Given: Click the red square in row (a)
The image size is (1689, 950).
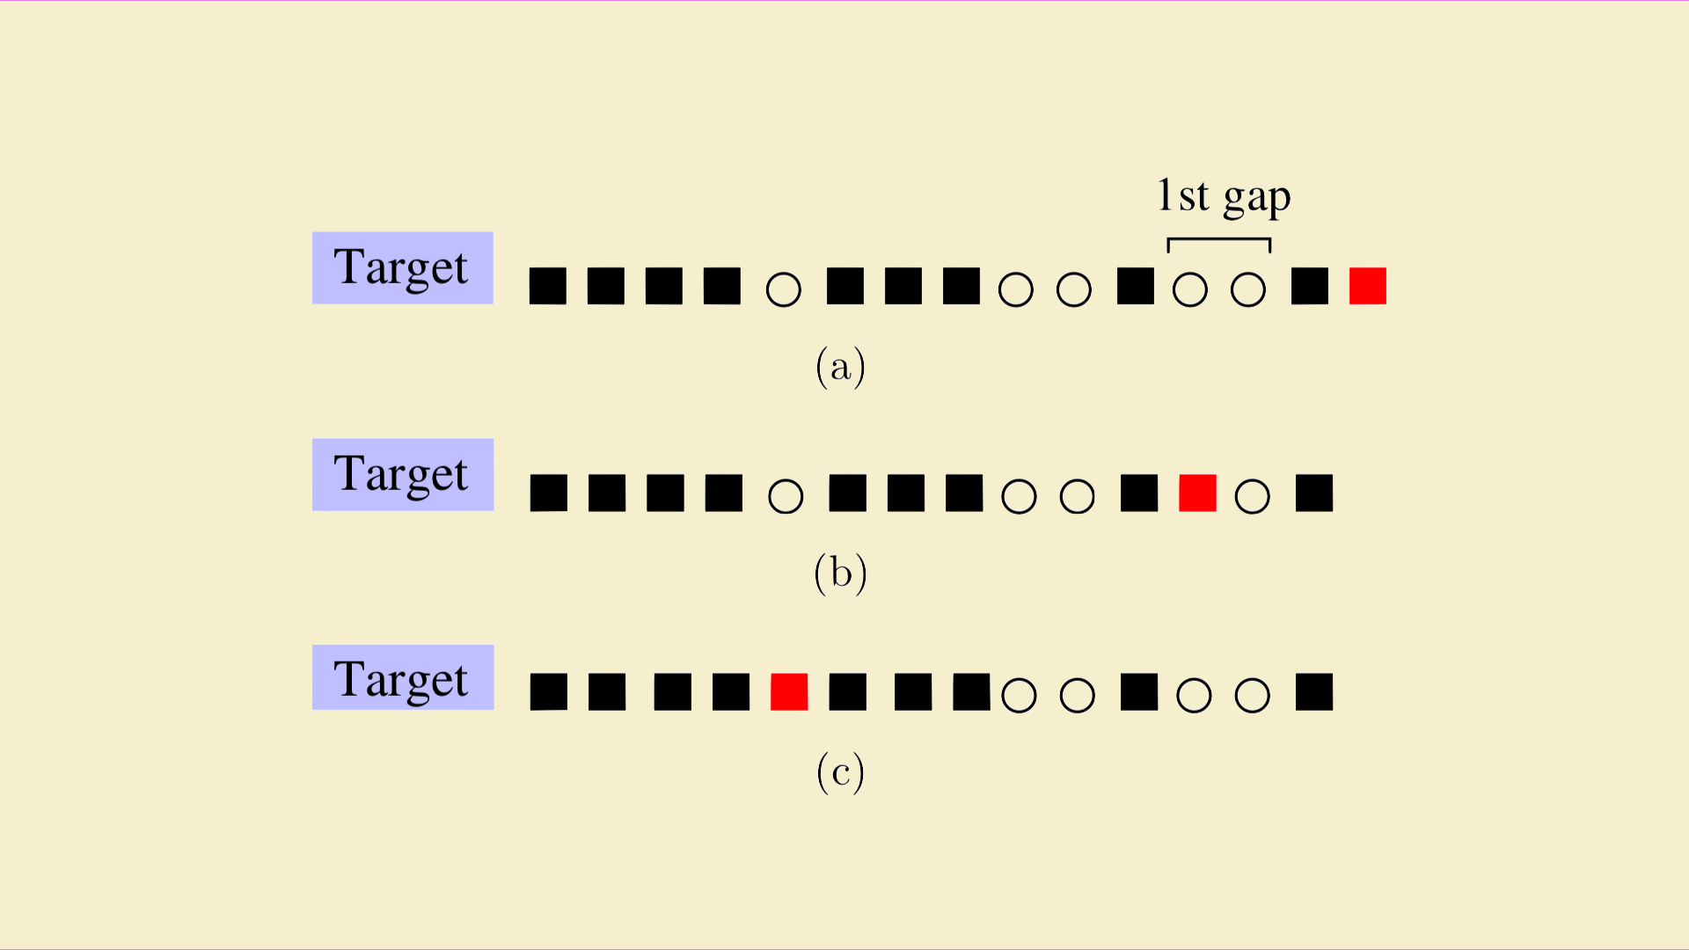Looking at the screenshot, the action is pyautogui.click(x=1368, y=286).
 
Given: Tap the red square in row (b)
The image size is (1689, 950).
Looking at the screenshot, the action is pyautogui.click(x=1197, y=493).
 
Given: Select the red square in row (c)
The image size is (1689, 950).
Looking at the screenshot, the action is pyautogui.click(x=789, y=691).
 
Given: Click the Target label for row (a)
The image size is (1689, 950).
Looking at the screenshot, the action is pyautogui.click(x=402, y=267).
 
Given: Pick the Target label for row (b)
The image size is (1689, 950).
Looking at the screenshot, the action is pyautogui.click(x=403, y=474).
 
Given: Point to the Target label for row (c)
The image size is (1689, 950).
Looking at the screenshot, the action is pyautogui.click(x=403, y=677).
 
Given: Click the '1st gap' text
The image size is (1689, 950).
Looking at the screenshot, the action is pyautogui.click(x=1224, y=197).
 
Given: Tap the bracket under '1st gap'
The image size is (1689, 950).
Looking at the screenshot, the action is pyautogui.click(x=1219, y=239).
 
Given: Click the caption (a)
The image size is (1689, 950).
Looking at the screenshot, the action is pyautogui.click(x=841, y=366).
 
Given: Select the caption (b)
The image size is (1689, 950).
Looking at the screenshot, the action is pyautogui.click(x=841, y=574).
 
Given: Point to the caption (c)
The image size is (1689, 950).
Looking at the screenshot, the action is pyautogui.click(x=841, y=772).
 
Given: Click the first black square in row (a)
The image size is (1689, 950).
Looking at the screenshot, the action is pyautogui.click(x=548, y=286).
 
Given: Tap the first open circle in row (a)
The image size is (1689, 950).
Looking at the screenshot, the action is pyautogui.click(x=784, y=289).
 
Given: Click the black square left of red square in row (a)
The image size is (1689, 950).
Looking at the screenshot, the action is pyautogui.click(x=1310, y=286).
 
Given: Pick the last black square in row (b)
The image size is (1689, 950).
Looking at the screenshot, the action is pyautogui.click(x=1314, y=493).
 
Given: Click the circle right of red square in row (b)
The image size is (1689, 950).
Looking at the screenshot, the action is pyautogui.click(x=1253, y=496).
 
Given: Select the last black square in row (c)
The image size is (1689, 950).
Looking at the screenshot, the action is pyautogui.click(x=1314, y=691).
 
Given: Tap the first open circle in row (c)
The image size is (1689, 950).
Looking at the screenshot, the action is pyautogui.click(x=1020, y=695).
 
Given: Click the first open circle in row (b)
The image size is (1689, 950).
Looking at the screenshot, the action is pyautogui.click(x=786, y=496).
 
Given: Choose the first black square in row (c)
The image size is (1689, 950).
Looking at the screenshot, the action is pyautogui.click(x=549, y=691).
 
